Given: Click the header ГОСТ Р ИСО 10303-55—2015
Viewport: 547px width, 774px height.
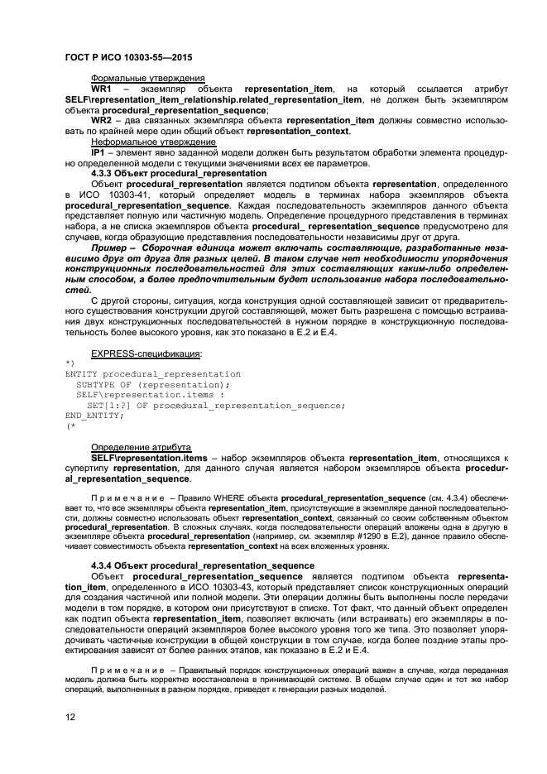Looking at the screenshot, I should click(x=122, y=55).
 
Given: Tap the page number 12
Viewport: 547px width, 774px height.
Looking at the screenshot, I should click(x=70, y=717).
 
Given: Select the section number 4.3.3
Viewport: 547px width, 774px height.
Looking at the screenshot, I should click(x=103, y=173).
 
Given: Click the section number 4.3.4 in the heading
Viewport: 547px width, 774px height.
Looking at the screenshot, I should click(x=103, y=565).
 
